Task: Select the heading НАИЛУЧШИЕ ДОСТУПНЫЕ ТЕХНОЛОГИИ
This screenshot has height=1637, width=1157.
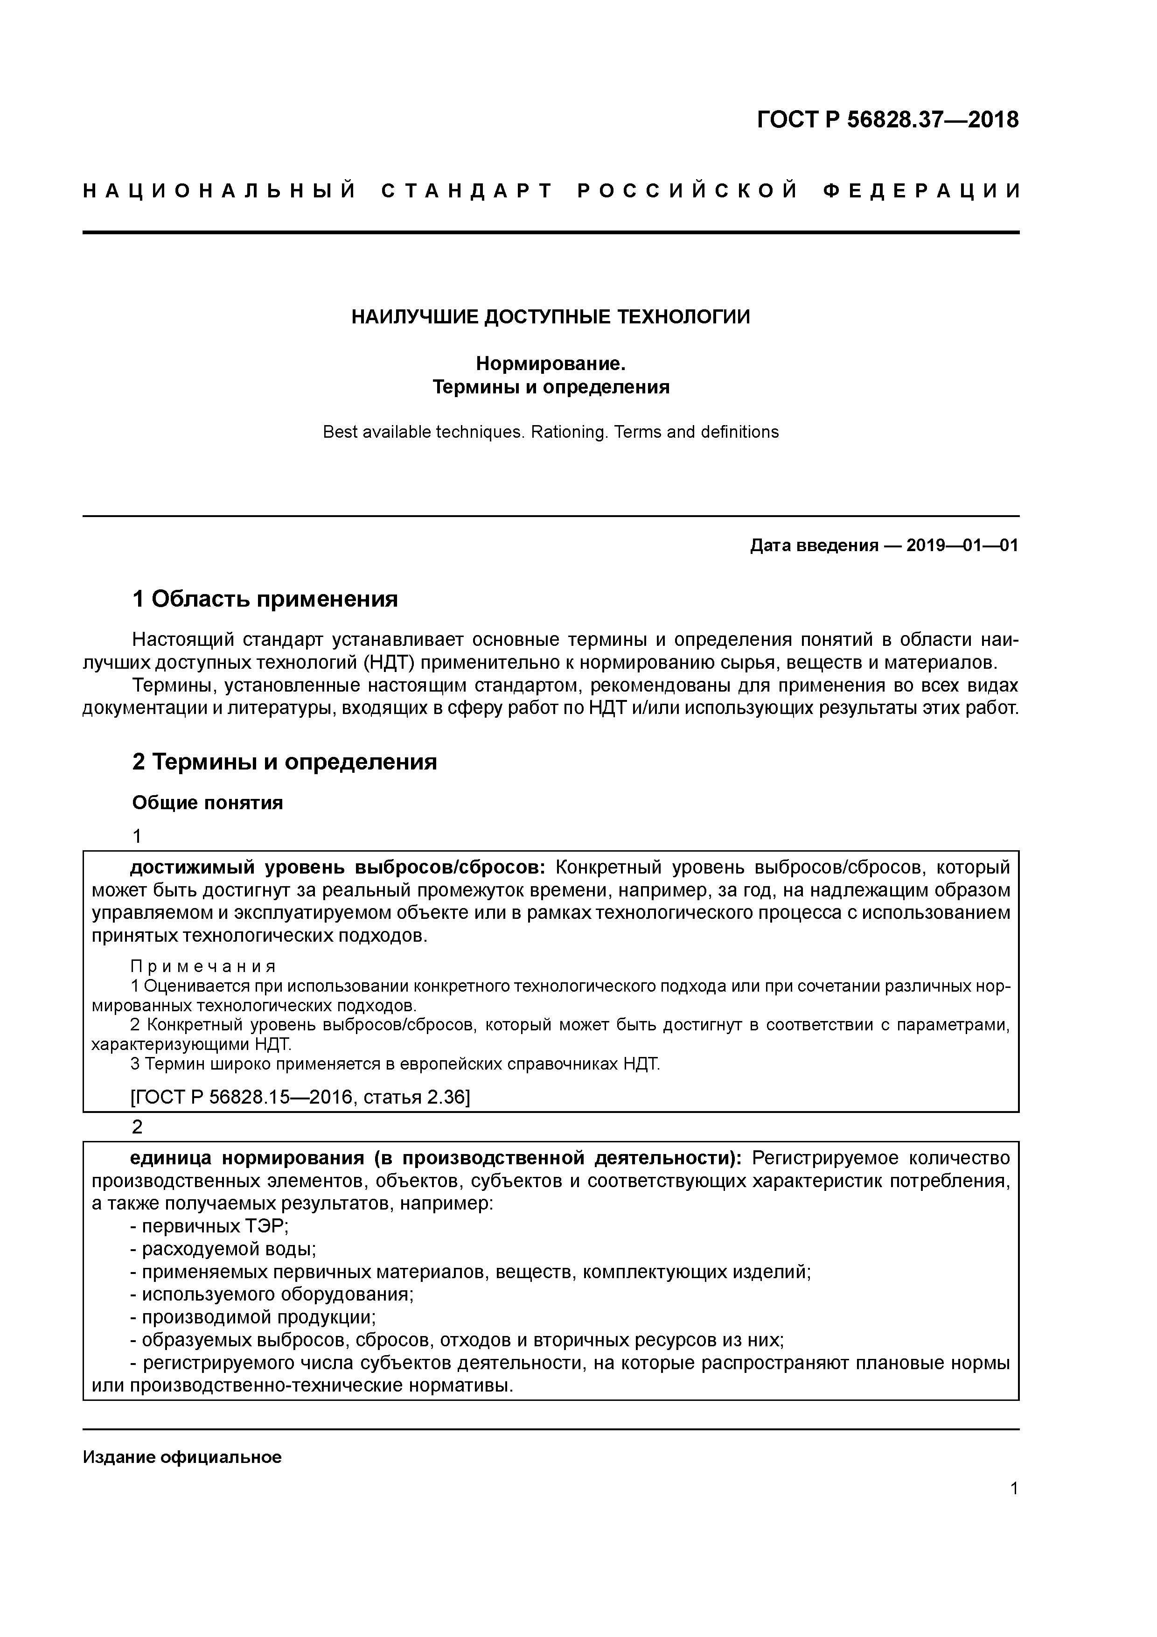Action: [551, 316]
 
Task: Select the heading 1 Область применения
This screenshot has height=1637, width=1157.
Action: [265, 599]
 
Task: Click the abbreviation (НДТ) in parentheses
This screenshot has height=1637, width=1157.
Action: [389, 662]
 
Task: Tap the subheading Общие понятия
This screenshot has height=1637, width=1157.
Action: [208, 803]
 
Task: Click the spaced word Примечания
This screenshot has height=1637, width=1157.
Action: [203, 967]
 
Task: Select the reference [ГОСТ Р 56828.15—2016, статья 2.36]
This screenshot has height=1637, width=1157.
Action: [300, 1097]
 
